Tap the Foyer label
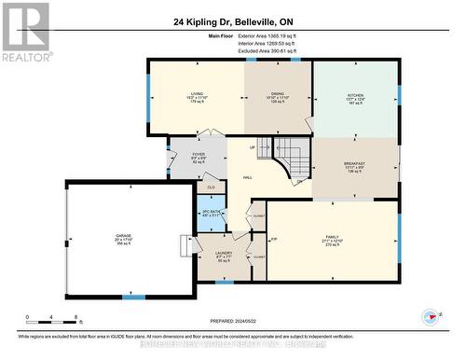pos(199,157)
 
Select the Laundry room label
pos(223,255)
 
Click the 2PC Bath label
pos(211,214)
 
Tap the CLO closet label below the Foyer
pos(211,187)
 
